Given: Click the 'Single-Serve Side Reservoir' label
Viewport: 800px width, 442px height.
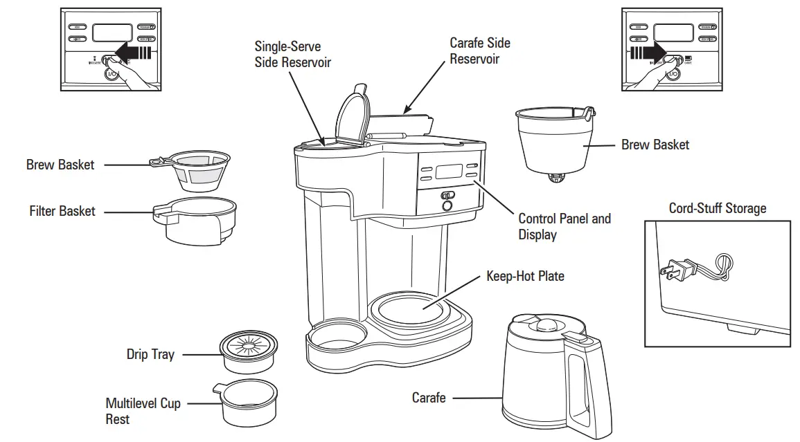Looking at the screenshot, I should pyautogui.click(x=292, y=55).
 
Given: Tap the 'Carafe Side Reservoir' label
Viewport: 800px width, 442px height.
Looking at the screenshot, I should pyautogui.click(x=479, y=50).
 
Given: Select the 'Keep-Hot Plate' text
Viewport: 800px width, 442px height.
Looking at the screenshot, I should pyautogui.click(x=525, y=277).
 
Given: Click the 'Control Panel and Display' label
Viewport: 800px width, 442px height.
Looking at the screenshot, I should pyautogui.click(x=564, y=226).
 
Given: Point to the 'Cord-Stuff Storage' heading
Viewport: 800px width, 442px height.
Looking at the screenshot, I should pyautogui.click(x=718, y=208).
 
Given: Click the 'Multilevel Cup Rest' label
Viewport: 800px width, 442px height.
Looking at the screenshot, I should pyautogui.click(x=143, y=411).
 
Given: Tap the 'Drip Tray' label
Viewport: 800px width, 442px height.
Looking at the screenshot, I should pyautogui.click(x=150, y=354).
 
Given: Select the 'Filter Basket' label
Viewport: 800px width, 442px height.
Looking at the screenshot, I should pyautogui.click(x=62, y=211).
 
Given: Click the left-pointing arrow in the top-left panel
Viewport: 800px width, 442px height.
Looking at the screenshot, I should pyautogui.click(x=134, y=51).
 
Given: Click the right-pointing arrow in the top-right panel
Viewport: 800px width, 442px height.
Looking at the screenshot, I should pyautogui.click(x=646, y=51).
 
